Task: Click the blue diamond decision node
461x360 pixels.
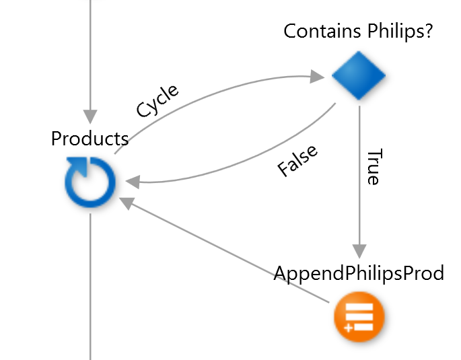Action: (x=359, y=76)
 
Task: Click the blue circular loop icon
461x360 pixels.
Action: (x=90, y=183)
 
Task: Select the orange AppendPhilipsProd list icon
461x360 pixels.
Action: (x=359, y=316)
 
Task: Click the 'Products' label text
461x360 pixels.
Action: (x=90, y=139)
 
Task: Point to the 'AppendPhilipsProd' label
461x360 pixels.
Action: (x=359, y=273)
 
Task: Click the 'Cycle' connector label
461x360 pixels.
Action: (x=157, y=102)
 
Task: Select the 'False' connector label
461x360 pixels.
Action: (x=297, y=161)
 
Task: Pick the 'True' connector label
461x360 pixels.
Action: (x=372, y=166)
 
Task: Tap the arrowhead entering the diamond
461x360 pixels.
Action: (x=318, y=77)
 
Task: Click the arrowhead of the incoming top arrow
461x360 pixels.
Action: (x=90, y=116)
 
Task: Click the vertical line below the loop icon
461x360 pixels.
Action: (x=90, y=283)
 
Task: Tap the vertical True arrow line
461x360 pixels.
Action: (x=359, y=175)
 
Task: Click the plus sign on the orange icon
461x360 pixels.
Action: (x=347, y=328)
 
